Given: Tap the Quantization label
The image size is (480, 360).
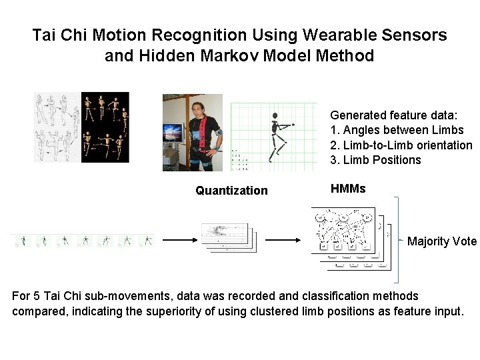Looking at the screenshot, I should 231,191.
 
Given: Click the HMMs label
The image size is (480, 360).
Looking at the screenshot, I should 348,189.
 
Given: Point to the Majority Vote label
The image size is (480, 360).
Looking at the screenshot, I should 442,241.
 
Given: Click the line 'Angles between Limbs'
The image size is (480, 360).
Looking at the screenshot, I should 402,130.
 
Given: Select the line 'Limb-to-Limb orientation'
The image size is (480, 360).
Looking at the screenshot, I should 407,145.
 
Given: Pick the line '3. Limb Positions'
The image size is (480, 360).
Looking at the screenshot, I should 375,160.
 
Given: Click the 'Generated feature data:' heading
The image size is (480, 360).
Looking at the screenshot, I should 386,115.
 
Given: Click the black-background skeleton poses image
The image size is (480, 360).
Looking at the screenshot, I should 105,127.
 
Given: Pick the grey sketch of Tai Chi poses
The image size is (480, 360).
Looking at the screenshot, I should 57,127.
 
